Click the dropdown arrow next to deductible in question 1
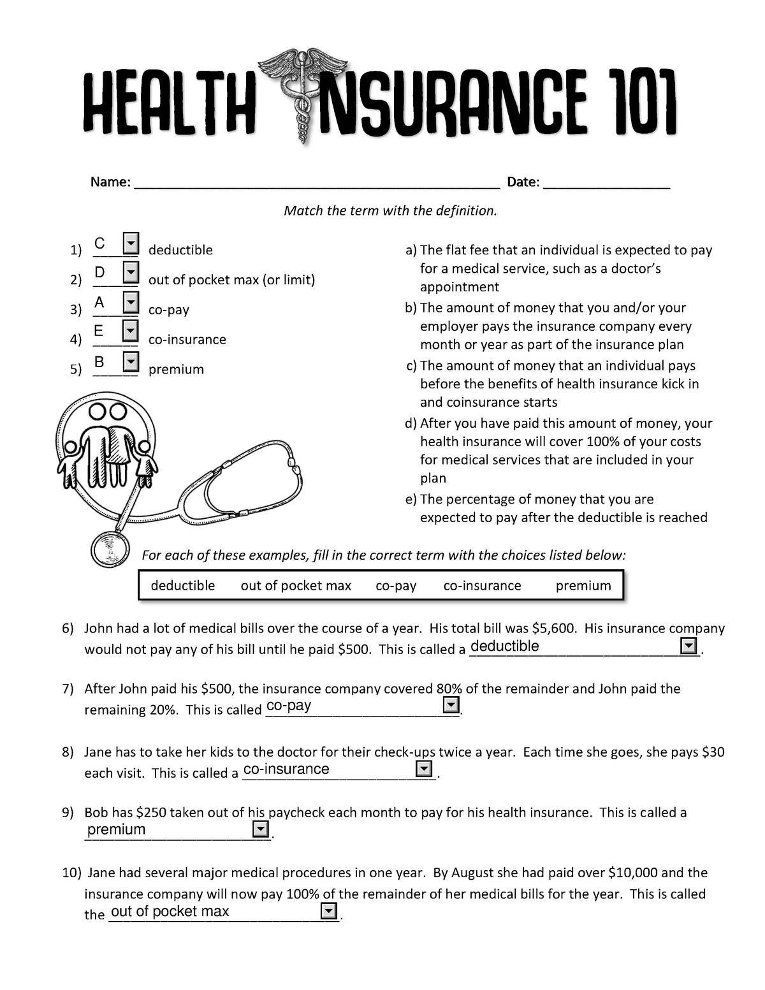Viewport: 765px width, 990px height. coord(130,243)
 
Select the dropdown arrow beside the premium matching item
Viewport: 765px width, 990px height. coord(130,362)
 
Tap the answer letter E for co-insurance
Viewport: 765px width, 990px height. coord(98,331)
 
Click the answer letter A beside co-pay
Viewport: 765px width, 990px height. coord(99,302)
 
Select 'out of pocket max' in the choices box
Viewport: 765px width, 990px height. coord(296,586)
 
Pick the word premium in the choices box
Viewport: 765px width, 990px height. coord(583,586)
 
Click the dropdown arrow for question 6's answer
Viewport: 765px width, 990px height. coord(688,647)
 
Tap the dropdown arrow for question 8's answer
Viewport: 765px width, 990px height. coord(423,769)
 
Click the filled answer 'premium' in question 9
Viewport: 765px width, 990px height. coord(117,829)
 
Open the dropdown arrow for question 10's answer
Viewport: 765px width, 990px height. coord(329,911)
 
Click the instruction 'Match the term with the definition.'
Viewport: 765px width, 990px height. coord(390,210)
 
